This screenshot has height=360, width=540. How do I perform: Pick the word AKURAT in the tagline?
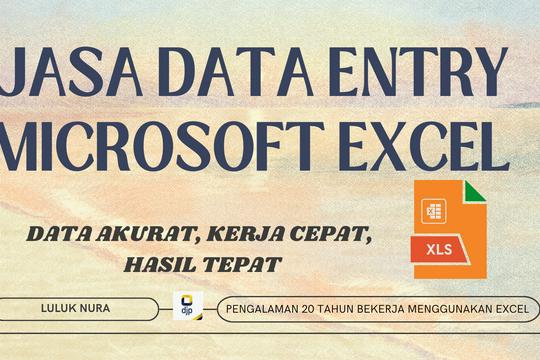139,237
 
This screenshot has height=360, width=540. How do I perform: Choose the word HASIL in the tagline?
156,264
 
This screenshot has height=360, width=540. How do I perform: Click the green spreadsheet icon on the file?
434,211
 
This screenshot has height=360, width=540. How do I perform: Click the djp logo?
186,306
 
